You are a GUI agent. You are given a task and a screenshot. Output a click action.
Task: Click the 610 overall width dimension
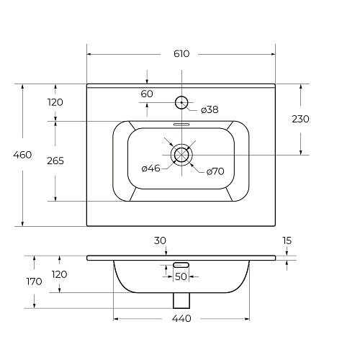click(x=181, y=54)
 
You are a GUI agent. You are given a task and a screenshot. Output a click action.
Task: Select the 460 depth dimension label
click(x=22, y=155)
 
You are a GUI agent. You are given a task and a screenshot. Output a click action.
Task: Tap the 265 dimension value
click(x=55, y=161)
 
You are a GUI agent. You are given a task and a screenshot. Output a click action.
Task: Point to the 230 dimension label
click(x=300, y=119)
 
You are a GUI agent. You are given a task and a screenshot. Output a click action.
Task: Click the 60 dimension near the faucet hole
click(x=147, y=94)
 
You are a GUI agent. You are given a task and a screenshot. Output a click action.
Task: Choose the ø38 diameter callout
click(x=210, y=109)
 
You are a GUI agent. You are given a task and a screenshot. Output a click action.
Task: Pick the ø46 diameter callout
click(x=151, y=168)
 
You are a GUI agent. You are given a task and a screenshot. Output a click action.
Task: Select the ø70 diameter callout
click(x=215, y=171)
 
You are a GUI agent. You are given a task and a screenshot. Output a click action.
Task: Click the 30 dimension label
click(x=160, y=240)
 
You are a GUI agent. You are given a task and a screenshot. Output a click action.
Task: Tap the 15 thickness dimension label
click(x=287, y=240)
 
